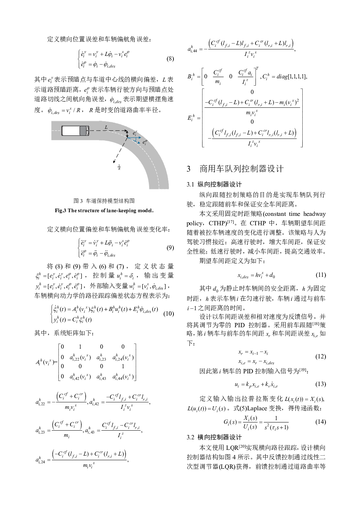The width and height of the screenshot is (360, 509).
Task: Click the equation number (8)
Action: (x=170, y=59)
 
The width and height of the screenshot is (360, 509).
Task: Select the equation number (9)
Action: (x=170, y=248)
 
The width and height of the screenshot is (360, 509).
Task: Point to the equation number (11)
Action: (x=320, y=275)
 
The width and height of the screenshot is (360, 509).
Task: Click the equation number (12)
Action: (x=320, y=356)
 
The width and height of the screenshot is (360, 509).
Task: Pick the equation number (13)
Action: (x=320, y=384)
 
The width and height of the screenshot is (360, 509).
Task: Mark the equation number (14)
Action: (x=320, y=422)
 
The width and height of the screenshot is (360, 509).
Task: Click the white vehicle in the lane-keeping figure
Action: (x=75, y=131)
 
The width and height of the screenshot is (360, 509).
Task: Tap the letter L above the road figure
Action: (x=106, y=127)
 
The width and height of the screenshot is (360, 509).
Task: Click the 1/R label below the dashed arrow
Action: (x=119, y=167)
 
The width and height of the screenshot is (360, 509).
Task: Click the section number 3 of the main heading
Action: (x=189, y=169)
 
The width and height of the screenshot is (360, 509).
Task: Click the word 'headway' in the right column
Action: (x=314, y=214)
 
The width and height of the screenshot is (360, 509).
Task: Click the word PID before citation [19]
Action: (x=270, y=371)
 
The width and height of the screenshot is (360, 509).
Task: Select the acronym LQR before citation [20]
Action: (x=232, y=447)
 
